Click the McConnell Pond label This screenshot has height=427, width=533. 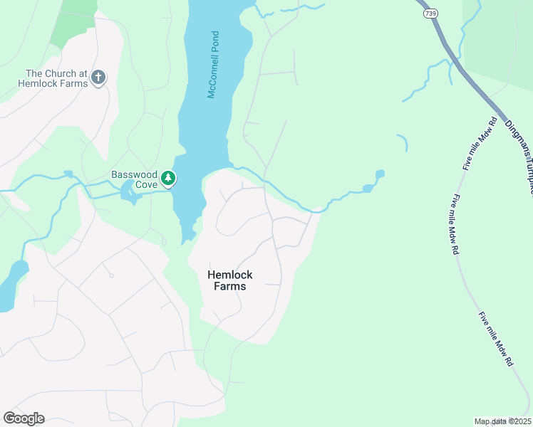[x=212, y=65]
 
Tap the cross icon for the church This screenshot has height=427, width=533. [x=98, y=77]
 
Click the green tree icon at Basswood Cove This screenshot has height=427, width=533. [x=168, y=177]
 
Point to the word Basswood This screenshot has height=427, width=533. [x=133, y=174]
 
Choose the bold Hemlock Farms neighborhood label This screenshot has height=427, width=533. [x=229, y=280]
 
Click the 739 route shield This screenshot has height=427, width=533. [x=430, y=13]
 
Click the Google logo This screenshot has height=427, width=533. [x=24, y=418]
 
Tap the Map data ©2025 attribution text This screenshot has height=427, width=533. [x=502, y=421]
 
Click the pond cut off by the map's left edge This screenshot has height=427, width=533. [x=11, y=285]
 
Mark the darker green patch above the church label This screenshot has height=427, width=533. [x=76, y=21]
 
